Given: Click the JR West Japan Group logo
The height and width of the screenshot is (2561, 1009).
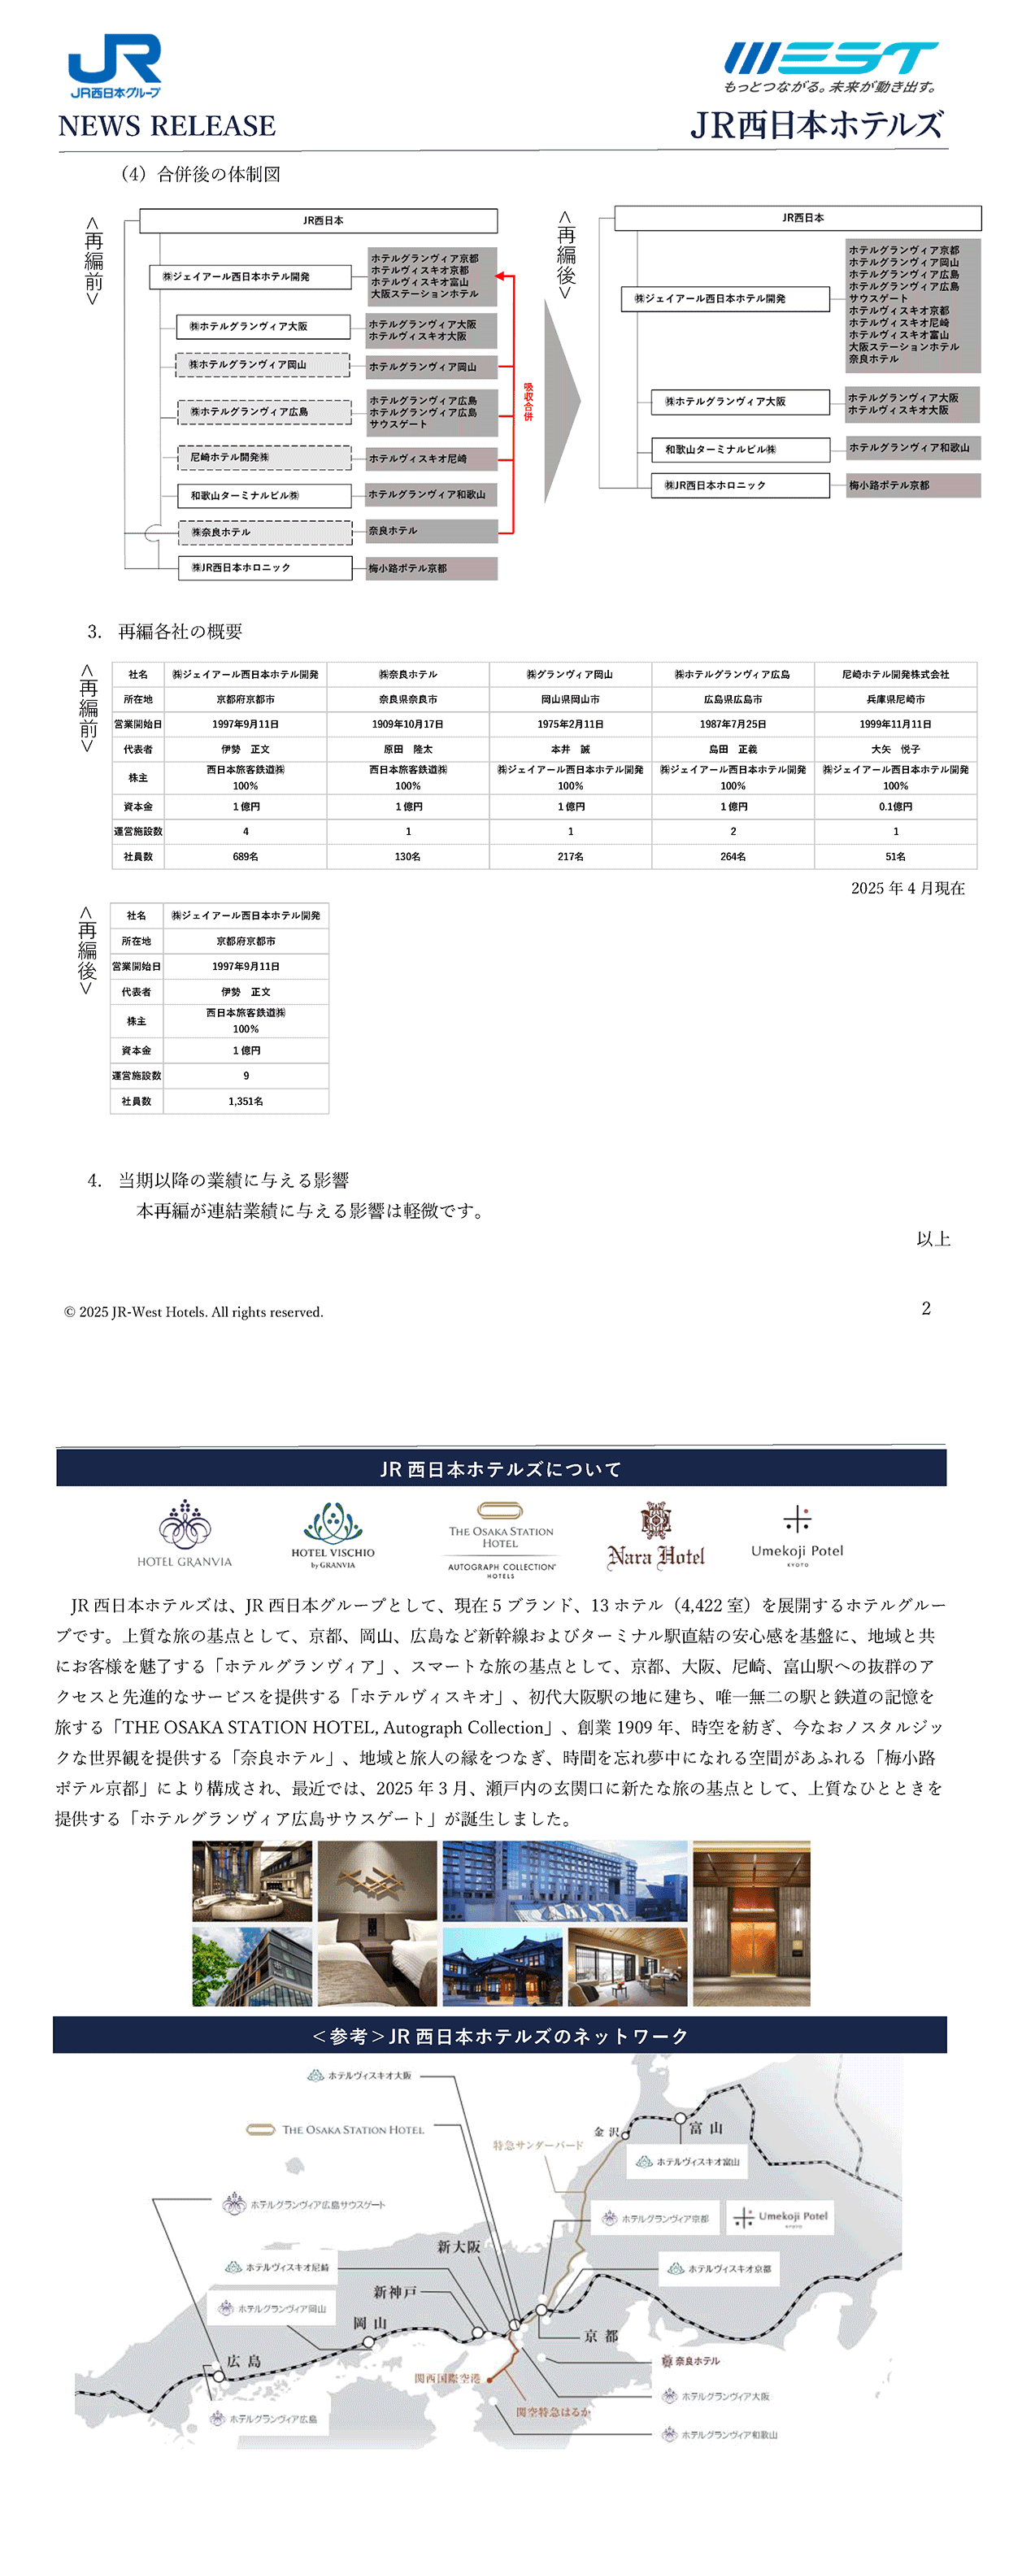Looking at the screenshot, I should click(x=115, y=66).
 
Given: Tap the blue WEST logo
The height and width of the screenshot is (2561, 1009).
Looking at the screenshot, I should click(x=831, y=59).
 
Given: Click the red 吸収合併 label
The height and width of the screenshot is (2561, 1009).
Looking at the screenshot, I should click(x=528, y=401).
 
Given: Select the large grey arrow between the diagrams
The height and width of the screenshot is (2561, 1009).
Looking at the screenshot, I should click(x=561, y=402).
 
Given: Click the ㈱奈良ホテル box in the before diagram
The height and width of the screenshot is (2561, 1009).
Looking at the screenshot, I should click(x=264, y=532).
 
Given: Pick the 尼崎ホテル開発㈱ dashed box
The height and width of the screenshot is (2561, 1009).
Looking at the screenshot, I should click(x=264, y=457).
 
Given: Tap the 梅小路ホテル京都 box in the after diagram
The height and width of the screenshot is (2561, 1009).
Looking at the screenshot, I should click(x=912, y=485).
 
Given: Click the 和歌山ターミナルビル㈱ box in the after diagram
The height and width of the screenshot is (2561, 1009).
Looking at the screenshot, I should click(x=740, y=450).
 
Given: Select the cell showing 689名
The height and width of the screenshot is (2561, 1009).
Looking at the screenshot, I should click(x=246, y=856).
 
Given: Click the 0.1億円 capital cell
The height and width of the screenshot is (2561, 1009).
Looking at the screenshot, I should click(x=894, y=807).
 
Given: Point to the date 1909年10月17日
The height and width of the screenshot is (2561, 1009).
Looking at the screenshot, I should click(x=407, y=724).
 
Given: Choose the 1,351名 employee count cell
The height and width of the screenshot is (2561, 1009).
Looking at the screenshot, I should click(x=246, y=1101).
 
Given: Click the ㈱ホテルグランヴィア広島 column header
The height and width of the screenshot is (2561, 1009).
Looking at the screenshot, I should click(x=733, y=674).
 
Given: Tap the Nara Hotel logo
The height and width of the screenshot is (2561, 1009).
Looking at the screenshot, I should click(x=655, y=1537).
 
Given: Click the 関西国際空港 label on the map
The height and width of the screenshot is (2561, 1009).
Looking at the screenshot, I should click(x=447, y=2378).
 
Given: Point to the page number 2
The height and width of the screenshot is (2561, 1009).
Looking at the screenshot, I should click(x=925, y=1308).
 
